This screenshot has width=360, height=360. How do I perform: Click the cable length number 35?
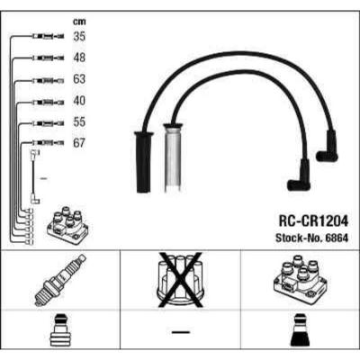(x=79, y=37)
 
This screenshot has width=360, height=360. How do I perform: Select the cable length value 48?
(x=79, y=58)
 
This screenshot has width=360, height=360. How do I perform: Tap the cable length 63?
(x=79, y=79)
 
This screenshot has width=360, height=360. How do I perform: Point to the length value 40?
(x=79, y=101)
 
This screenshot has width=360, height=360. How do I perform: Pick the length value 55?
(x=79, y=122)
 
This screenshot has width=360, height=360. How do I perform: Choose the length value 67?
(x=79, y=143)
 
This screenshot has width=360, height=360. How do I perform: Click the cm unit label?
(x=79, y=22)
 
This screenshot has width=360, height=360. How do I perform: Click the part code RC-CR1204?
(x=313, y=221)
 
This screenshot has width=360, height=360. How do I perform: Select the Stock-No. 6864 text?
(x=312, y=238)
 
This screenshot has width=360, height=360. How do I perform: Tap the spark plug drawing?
(x=60, y=280)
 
